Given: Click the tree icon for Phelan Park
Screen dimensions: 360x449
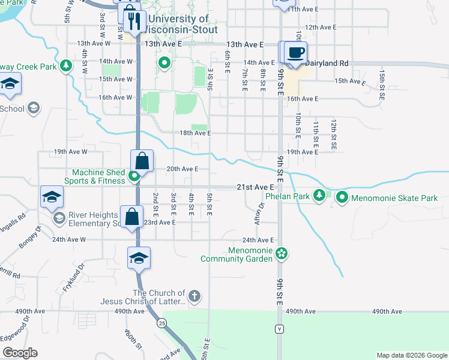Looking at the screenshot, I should click(321, 196).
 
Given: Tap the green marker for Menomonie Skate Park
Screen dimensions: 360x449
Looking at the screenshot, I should click(342, 197).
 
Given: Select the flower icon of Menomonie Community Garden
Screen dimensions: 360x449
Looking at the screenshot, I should click(282, 254).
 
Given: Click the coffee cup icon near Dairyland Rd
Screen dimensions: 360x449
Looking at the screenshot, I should click(295, 52).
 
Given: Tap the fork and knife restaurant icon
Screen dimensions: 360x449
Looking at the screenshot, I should click(135, 22).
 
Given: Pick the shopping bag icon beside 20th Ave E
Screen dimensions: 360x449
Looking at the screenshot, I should click(142, 161).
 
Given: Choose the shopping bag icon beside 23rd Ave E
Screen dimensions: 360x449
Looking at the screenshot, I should click(131, 217).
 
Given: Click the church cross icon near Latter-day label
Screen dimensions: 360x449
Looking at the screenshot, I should click(194, 296).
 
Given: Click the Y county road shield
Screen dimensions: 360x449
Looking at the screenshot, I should click(279, 329).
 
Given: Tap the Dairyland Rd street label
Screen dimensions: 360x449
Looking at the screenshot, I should click(327, 62).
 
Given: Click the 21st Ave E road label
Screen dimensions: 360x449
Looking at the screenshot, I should click(255, 187).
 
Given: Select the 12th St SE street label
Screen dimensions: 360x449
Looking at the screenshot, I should click(334, 133).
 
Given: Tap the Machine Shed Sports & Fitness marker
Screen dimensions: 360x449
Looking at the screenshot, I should click(135, 176).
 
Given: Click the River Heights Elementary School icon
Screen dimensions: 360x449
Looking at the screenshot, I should click(59, 217).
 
